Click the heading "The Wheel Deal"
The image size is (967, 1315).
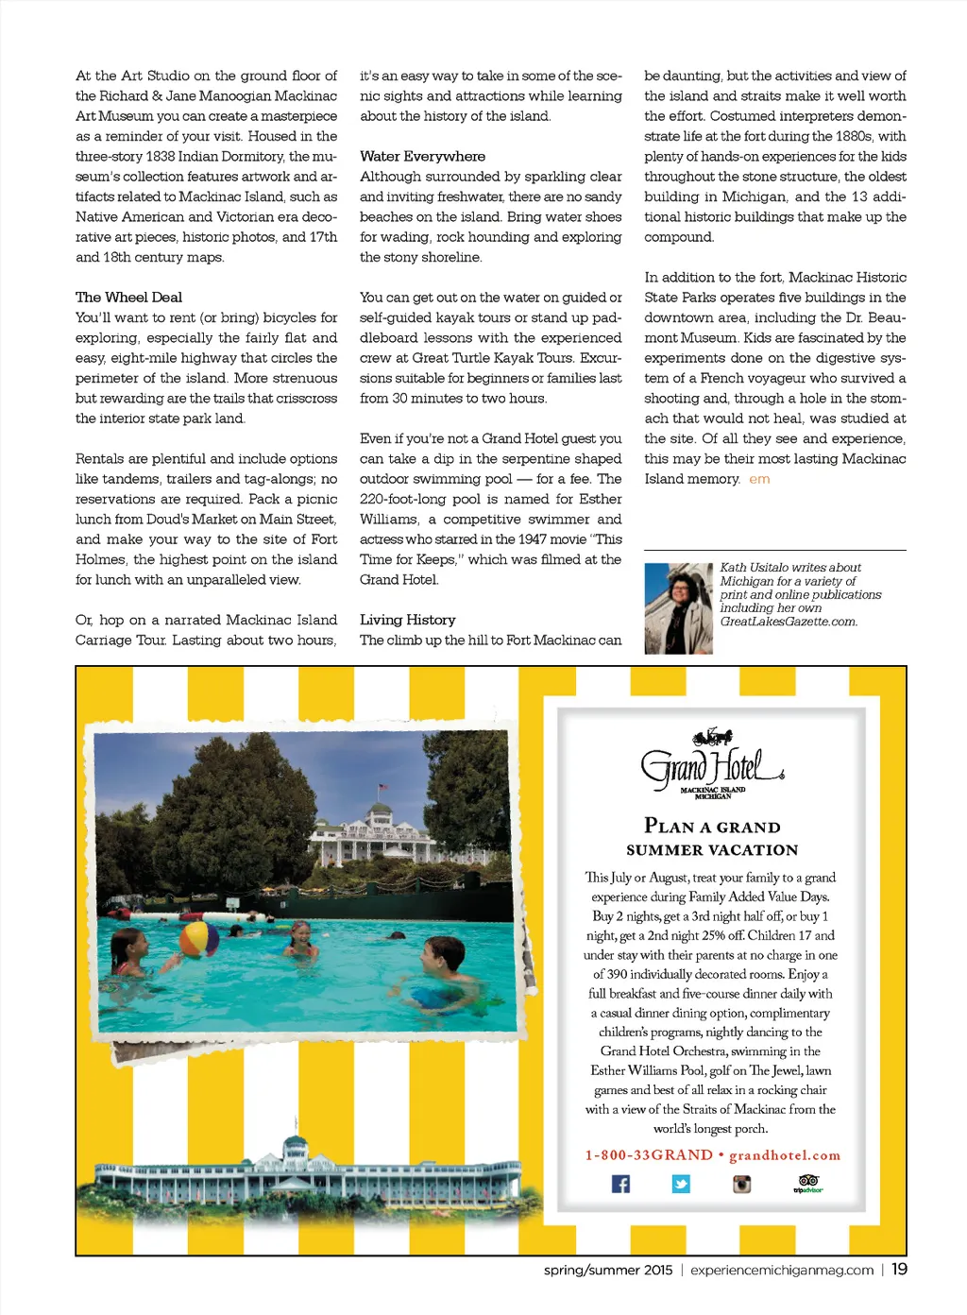click(128, 297)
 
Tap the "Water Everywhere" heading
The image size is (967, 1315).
click(422, 156)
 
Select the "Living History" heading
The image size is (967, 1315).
click(407, 620)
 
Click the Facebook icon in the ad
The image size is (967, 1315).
click(620, 1184)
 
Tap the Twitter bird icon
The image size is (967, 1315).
click(681, 1184)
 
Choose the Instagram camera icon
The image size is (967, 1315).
click(742, 1184)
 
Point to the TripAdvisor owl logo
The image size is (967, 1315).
click(808, 1183)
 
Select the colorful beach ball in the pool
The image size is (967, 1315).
click(199, 939)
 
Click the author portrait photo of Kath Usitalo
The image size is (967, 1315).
click(678, 608)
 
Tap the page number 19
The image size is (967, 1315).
click(899, 1269)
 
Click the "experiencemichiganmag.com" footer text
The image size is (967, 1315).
click(782, 1270)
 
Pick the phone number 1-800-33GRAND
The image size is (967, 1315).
click(649, 1154)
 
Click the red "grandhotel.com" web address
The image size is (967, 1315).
click(785, 1154)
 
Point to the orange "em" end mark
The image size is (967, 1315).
click(759, 479)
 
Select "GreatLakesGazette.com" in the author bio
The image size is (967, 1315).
click(789, 622)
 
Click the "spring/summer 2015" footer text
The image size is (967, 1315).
click(608, 1270)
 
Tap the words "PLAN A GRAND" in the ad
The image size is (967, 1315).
click(712, 827)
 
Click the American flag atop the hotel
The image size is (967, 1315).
click(382, 787)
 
